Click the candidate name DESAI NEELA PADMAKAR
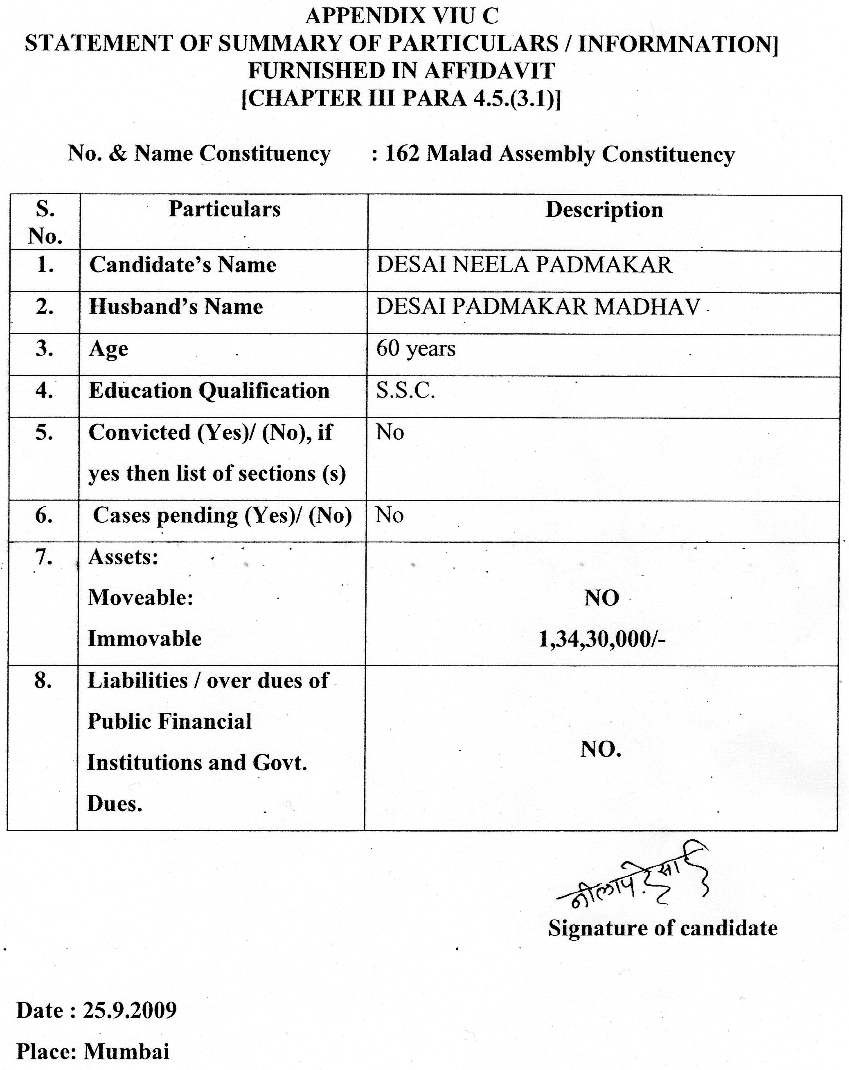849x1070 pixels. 524,265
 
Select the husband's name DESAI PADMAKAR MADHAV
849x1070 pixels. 538,307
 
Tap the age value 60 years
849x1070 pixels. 416,348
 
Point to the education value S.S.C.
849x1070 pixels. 405,391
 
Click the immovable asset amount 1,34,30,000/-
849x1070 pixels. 602,640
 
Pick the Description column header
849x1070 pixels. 604,209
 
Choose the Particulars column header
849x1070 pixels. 224,209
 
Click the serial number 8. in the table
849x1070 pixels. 43,681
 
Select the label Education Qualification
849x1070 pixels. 209,391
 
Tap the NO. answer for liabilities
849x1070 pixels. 601,749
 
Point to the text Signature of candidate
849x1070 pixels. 662,928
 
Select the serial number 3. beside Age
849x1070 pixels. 44,348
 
